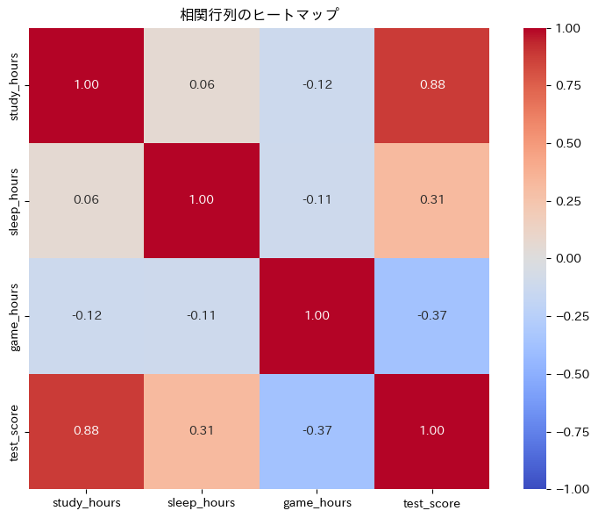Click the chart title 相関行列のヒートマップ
259,14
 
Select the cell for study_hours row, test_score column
431,85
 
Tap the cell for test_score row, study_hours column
86,430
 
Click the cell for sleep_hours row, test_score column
431,200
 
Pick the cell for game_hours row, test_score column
431,315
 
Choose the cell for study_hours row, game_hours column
317,85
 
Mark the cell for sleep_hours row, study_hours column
86,200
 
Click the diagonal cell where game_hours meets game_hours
317,315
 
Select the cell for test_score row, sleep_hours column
202,430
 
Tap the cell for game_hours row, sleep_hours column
202,315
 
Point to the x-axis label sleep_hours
202,503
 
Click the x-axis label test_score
431,503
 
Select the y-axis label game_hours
15,315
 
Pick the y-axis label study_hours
15,85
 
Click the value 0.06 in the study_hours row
202,85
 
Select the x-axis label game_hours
317,503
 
